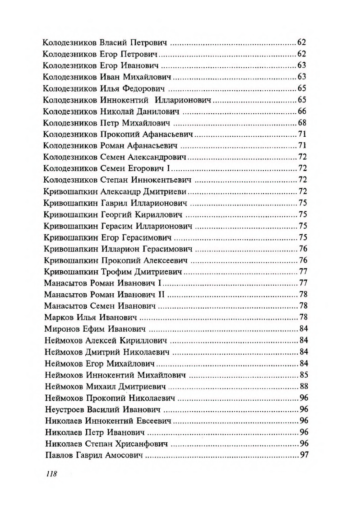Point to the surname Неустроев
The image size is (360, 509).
click(65, 410)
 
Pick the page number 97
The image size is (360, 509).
click(304, 456)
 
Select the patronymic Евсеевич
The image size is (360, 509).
click(151, 421)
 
